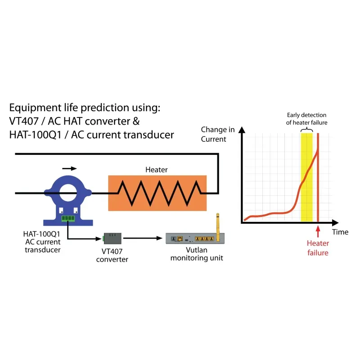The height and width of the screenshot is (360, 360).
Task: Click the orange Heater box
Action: (x=157, y=193)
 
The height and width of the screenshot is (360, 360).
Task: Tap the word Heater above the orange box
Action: (x=156, y=170)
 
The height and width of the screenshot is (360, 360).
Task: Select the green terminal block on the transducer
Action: (x=68, y=219)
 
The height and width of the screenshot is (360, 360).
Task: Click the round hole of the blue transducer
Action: (x=68, y=193)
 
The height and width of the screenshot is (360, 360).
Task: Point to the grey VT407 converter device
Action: (x=112, y=238)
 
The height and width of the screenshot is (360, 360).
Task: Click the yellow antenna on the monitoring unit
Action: (x=218, y=227)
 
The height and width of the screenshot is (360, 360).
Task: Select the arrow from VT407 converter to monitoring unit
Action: (x=143, y=238)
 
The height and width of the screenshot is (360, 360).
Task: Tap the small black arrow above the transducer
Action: (x=69, y=168)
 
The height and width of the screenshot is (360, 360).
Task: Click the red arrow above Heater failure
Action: (x=318, y=231)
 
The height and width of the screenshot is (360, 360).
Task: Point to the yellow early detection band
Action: (x=306, y=177)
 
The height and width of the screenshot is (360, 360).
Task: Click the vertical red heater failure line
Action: (x=318, y=177)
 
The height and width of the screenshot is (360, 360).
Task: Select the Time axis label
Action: (x=340, y=232)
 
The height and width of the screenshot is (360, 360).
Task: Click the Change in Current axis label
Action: (x=218, y=134)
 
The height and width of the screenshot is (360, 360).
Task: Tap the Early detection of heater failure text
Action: (x=307, y=119)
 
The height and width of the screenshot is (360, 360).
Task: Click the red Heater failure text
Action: (x=318, y=248)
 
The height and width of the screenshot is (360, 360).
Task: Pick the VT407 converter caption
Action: (x=112, y=255)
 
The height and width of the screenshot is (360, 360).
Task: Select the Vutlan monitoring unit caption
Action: (x=197, y=254)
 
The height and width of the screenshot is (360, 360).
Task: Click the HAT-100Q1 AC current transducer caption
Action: (x=42, y=242)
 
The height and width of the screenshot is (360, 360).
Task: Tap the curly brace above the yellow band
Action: (x=307, y=130)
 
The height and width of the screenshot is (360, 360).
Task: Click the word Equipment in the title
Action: (x=36, y=108)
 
